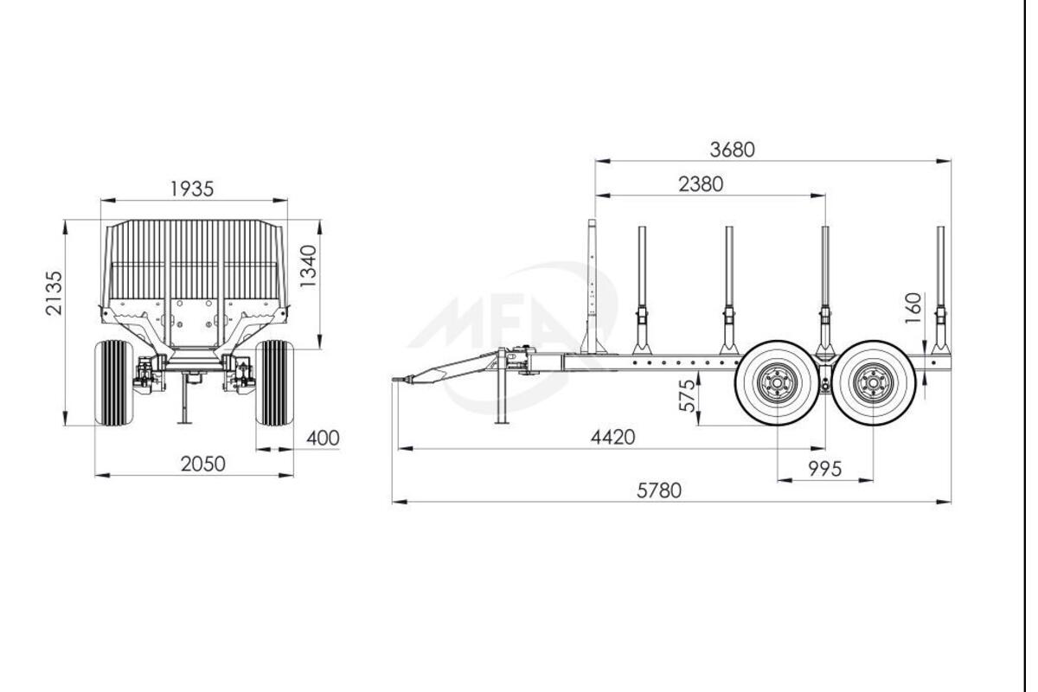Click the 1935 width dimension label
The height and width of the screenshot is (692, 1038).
pos(192,189)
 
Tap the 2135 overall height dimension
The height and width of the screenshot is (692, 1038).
pos(54,293)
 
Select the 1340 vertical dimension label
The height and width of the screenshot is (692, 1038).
pos(308,266)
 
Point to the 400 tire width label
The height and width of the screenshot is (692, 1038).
pos(323,438)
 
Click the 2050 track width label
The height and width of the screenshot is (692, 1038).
pos(203,464)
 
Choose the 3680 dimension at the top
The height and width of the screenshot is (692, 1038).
pos(732,150)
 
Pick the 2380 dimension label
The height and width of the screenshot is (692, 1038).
pos(701,184)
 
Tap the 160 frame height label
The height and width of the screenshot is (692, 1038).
pos(913,308)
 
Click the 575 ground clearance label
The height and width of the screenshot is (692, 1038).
pos(687,395)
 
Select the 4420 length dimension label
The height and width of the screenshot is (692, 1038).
pos(612,437)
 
